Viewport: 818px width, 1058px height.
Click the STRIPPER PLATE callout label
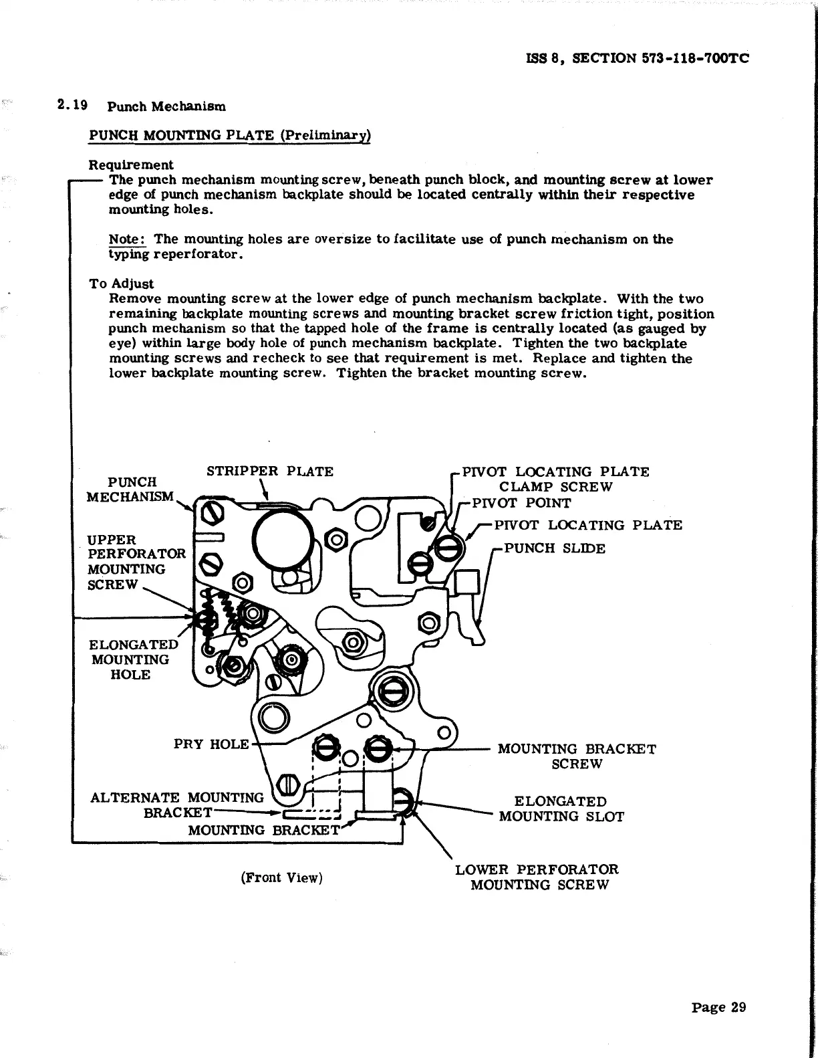269,471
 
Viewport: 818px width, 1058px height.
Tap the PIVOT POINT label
521,503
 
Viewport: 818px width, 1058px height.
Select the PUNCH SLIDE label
554,548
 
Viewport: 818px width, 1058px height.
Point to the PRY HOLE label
211,744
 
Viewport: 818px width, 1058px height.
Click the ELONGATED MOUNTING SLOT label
561,809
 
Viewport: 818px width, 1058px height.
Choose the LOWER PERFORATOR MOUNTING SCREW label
537,877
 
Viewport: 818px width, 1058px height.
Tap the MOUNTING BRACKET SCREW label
577,756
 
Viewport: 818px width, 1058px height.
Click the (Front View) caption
281,877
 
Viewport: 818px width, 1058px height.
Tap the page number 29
718,1007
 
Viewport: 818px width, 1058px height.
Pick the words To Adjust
121,284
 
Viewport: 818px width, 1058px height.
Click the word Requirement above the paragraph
130,165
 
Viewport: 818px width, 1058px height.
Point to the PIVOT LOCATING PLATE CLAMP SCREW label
555,479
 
